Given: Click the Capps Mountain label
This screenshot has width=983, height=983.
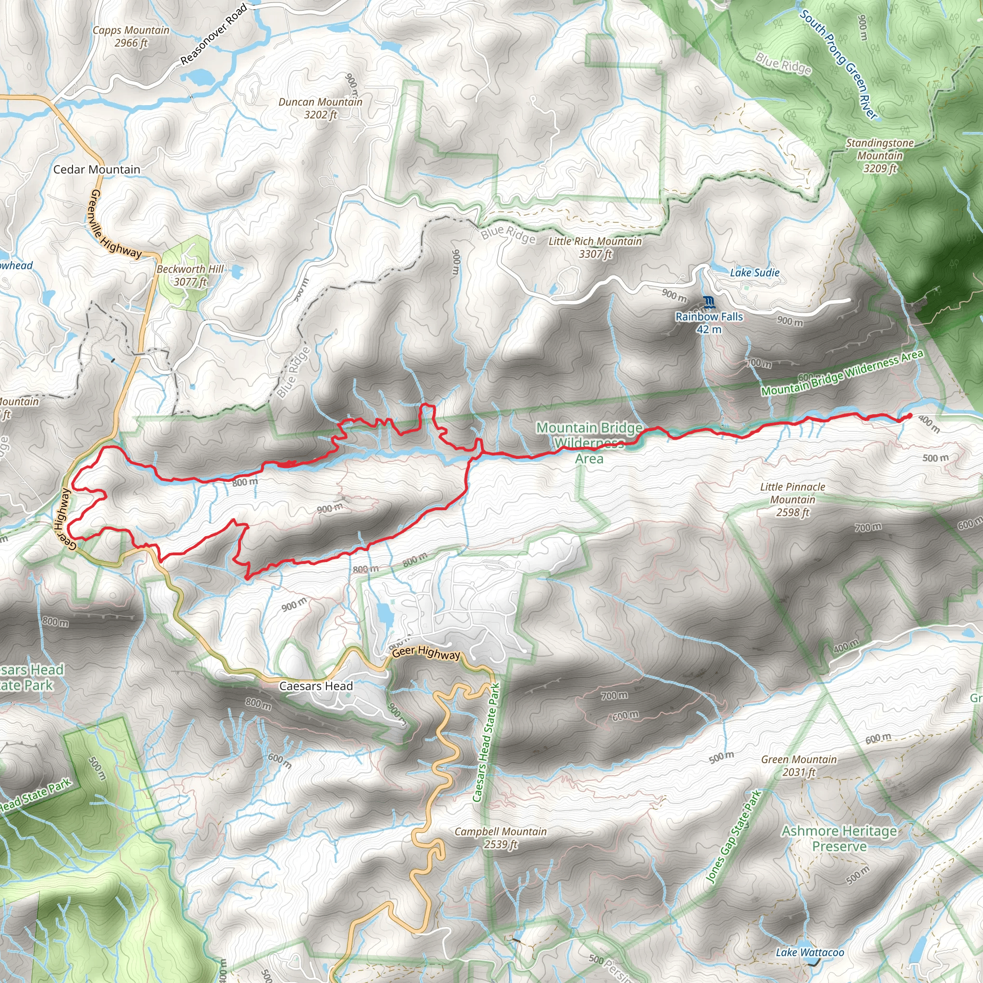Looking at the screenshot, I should pos(131,36).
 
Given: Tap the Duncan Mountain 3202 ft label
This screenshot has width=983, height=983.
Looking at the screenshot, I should pos(320,108).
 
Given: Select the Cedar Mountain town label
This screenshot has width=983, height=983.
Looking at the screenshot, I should pos(96,169).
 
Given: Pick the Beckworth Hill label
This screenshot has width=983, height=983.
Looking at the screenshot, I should pos(190,275).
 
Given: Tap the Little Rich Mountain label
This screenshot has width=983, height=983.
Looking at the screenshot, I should pos(595,247).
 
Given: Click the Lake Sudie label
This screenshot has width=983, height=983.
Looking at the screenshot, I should pos(755,273).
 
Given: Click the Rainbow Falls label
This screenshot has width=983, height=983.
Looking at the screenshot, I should pos(709,323).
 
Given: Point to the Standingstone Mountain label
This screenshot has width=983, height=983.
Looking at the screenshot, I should pos(880,155).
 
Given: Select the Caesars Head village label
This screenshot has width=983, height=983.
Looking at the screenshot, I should pos(316,686).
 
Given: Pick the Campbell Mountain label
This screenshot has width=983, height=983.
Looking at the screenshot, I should pos(501,838).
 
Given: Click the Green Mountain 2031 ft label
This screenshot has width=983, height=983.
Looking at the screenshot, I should pos(799,766).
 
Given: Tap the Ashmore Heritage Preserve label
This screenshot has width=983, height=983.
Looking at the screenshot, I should pos(839,839).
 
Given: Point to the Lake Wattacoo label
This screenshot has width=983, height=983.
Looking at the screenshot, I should pos(810,952).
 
